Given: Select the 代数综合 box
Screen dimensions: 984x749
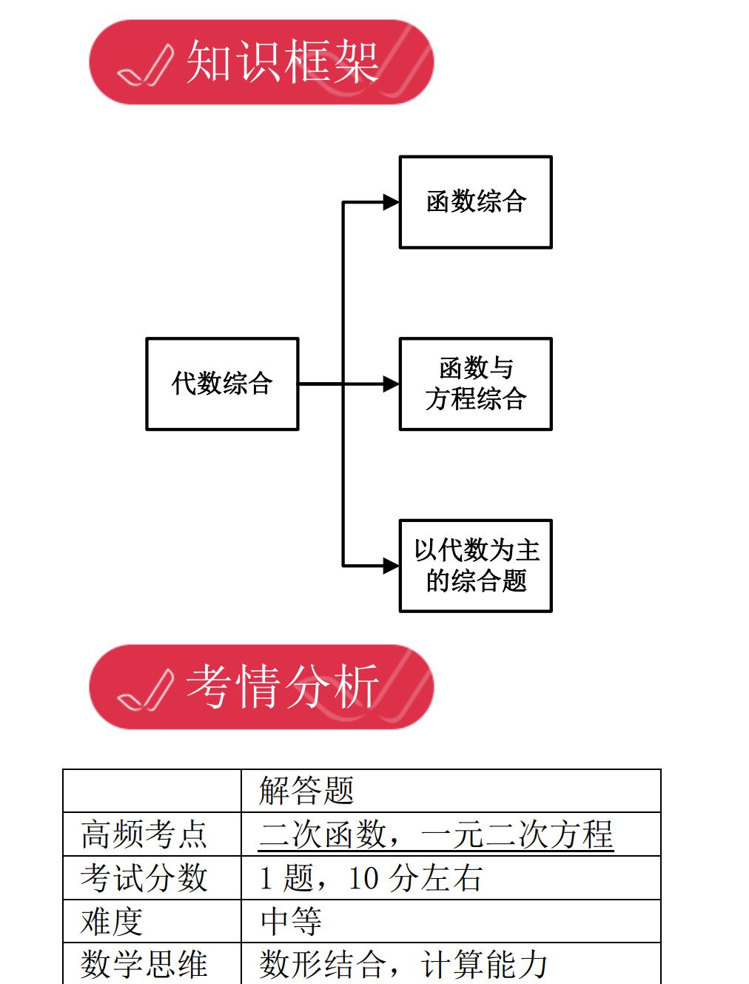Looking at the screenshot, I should [222, 384].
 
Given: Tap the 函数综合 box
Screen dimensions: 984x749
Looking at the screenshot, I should [476, 201].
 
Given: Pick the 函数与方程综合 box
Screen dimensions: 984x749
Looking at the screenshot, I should [476, 384].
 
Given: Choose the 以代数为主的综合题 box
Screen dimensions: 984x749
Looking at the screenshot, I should [476, 566].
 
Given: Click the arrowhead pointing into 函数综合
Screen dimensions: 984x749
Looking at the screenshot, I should [392, 201].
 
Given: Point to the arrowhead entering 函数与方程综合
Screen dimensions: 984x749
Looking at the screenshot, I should [392, 384].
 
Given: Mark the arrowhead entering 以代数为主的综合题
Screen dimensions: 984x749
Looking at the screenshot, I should [392, 566].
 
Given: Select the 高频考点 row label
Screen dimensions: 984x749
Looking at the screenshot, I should [144, 834].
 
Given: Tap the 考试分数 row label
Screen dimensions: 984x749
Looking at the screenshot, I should [144, 878].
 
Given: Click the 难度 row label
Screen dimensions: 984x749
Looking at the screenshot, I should [111, 922].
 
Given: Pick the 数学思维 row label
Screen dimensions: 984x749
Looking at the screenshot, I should [144, 964].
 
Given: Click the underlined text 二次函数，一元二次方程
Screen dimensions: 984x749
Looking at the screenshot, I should [436, 834].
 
